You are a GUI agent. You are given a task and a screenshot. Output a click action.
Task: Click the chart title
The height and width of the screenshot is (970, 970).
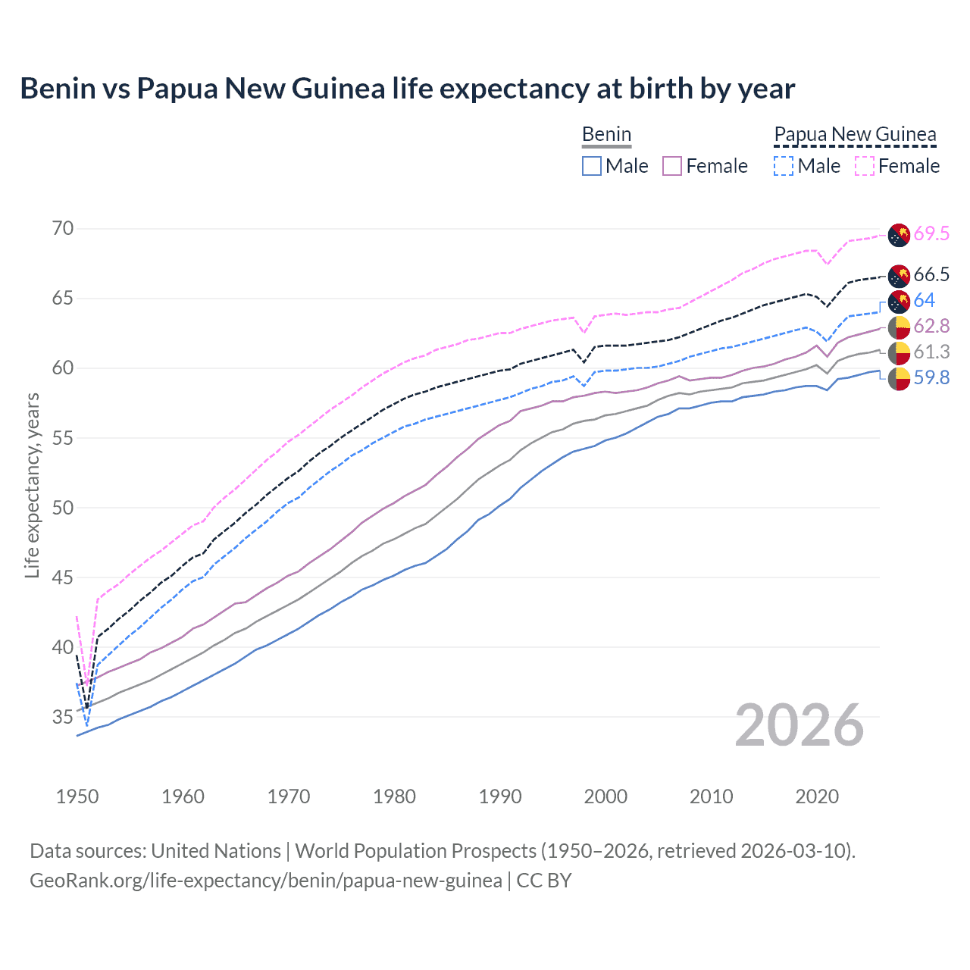(407, 89)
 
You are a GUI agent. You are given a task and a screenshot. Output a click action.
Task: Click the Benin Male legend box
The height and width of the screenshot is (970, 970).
(592, 166)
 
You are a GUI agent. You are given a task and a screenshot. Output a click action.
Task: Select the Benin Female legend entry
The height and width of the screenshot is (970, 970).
(705, 166)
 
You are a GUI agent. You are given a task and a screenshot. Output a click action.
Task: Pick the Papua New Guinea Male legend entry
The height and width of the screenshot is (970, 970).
(807, 166)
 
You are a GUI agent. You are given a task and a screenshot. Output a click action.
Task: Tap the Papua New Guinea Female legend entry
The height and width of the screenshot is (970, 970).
(897, 166)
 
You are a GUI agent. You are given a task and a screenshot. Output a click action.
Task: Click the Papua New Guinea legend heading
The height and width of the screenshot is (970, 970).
(855, 134)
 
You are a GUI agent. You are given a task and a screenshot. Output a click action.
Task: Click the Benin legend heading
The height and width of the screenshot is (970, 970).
(606, 134)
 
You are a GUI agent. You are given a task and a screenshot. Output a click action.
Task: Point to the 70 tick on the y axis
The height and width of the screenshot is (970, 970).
(63, 228)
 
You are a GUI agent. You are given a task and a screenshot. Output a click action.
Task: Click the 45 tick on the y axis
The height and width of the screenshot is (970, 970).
(63, 577)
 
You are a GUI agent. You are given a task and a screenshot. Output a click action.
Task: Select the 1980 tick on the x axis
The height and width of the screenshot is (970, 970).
(394, 796)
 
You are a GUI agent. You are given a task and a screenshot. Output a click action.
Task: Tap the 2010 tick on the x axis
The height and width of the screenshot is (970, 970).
(711, 796)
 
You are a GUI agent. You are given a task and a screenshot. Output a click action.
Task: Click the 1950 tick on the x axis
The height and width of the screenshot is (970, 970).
(77, 796)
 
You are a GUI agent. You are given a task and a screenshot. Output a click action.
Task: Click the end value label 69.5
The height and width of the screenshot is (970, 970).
(931, 234)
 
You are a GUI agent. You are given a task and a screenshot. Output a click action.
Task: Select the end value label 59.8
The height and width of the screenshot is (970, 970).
(931, 378)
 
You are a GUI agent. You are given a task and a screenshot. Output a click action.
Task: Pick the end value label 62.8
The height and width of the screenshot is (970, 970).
(931, 327)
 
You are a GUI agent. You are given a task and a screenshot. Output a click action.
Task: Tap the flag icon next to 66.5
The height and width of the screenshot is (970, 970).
(899, 275)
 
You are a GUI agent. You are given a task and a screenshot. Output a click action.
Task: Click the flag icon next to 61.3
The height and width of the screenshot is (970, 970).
(899, 352)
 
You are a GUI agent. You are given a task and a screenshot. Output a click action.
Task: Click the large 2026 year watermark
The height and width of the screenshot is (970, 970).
(799, 725)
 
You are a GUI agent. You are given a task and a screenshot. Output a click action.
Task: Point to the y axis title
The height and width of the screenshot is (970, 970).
(32, 485)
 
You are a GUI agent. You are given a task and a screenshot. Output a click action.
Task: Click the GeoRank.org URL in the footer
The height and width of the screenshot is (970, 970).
(266, 881)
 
